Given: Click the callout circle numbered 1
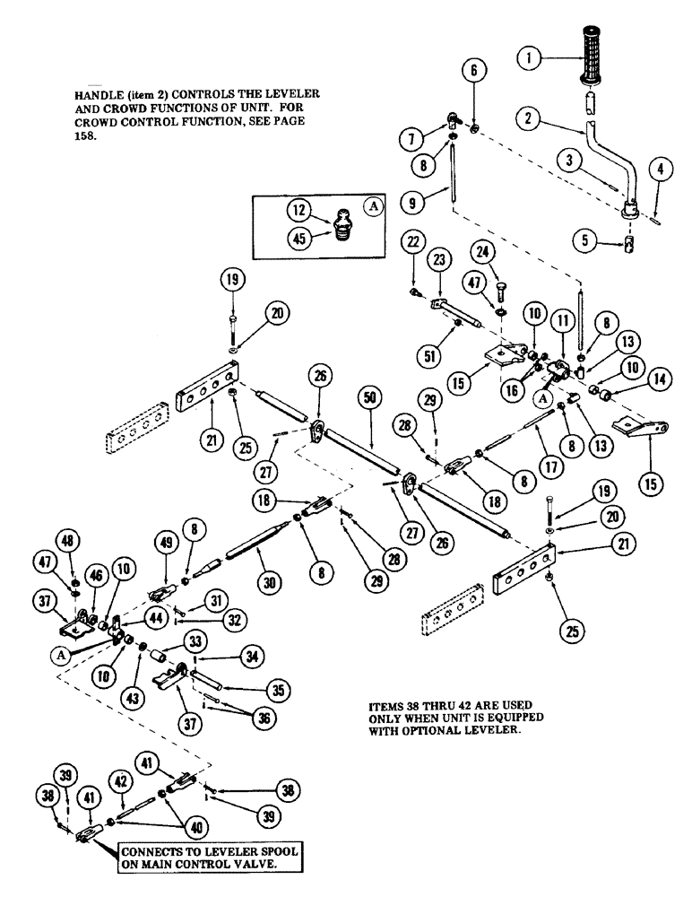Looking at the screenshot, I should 532,60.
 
